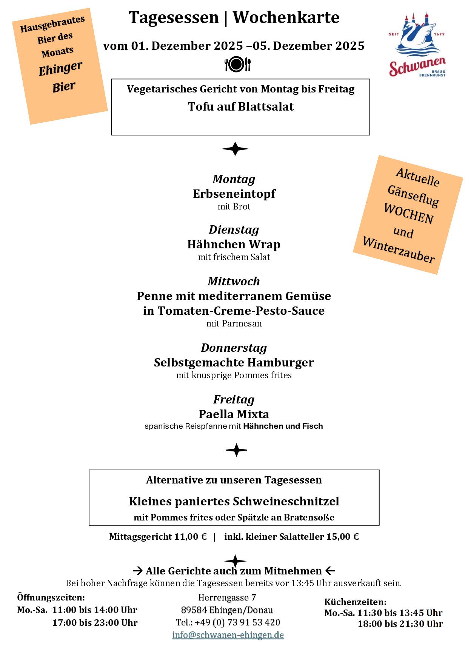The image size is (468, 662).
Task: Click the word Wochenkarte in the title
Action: (286, 17)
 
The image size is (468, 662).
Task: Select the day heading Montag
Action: (234, 179)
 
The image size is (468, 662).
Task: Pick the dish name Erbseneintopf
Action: (234, 194)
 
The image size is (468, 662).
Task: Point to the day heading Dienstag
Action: (234, 229)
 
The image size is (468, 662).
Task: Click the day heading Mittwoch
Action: (234, 281)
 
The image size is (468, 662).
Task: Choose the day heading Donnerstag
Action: (234, 348)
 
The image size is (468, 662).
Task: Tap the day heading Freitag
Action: (234, 399)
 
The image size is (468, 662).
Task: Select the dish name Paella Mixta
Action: (234, 414)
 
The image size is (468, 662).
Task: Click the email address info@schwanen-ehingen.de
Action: (228, 635)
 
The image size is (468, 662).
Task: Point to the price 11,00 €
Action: (190, 537)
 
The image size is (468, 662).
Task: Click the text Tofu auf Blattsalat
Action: (241, 107)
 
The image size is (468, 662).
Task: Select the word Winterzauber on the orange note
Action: (399, 250)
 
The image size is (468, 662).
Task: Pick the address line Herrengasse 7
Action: (227, 597)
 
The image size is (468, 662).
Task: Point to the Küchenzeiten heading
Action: (355, 602)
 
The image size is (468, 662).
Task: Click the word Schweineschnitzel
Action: (286, 501)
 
